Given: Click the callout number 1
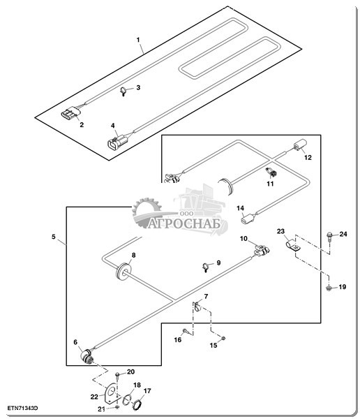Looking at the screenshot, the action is coord(138,40).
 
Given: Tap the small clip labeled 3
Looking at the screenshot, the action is coord(123,91).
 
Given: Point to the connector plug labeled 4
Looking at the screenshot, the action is coord(117,142).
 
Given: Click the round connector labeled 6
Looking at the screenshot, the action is coord(87,356).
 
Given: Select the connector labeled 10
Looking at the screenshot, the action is coord(261,250).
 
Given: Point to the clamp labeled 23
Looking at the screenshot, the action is coord(292,246).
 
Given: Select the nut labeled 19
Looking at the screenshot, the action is coord(329,288).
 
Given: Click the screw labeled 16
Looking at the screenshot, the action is coord(187,332).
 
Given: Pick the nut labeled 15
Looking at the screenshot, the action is coord(223,338).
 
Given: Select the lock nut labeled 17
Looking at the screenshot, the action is coord(137,404).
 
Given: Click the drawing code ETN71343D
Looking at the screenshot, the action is coord(22,408).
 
